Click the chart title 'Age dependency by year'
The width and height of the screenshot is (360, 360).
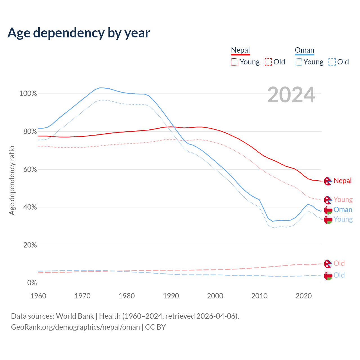[x=79, y=33]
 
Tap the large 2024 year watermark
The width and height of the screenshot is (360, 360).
[x=291, y=95]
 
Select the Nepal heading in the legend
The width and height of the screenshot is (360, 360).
[x=240, y=50]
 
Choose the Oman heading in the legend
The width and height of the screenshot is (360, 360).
[x=304, y=50]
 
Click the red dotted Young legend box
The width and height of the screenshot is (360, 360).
[x=234, y=62]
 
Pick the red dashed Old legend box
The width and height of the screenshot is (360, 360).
[x=268, y=62]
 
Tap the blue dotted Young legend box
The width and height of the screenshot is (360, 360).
[x=298, y=62]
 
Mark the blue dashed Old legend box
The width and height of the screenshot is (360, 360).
[x=332, y=62]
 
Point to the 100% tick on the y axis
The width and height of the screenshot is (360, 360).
[x=28, y=94]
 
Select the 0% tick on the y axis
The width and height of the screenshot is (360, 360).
[x=32, y=283]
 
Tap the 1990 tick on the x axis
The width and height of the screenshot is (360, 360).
[x=171, y=296]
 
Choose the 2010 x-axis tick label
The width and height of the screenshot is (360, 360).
[x=259, y=296]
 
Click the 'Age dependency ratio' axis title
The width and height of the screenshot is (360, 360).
[x=12, y=180]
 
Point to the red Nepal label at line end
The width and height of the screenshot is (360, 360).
[x=343, y=181]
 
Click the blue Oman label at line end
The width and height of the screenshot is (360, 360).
[x=343, y=210]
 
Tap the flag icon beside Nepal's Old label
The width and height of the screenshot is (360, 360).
[x=328, y=264]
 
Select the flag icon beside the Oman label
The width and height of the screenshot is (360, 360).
[x=328, y=210]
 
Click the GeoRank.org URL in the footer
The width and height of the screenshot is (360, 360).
[x=75, y=327]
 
